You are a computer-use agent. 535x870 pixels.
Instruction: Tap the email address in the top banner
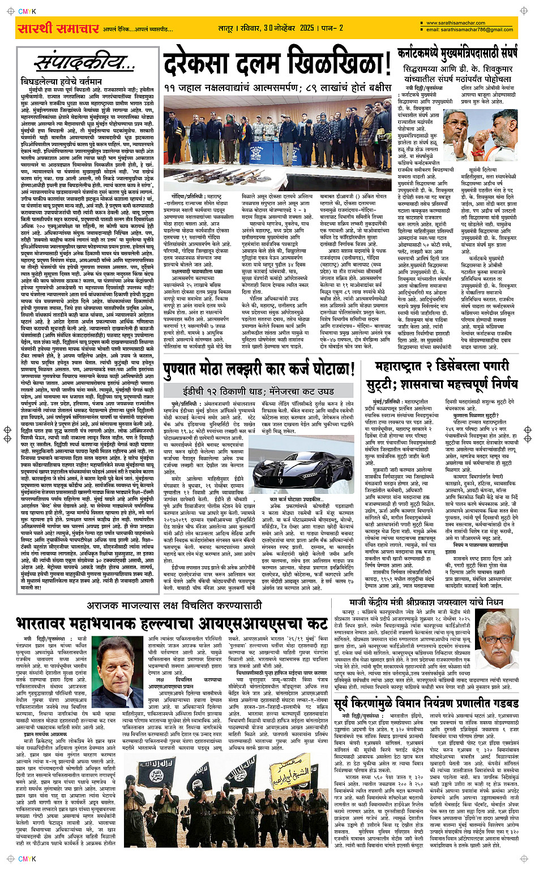tap(469, 30)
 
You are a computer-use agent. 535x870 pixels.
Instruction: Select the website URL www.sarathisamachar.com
tap(456, 23)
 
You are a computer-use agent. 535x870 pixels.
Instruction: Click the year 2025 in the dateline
tap(307, 28)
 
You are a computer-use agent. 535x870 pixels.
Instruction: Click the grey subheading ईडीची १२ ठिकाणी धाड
tap(258, 391)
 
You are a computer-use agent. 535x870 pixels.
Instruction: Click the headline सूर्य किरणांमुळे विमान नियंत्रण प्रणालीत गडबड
tap(426, 703)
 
